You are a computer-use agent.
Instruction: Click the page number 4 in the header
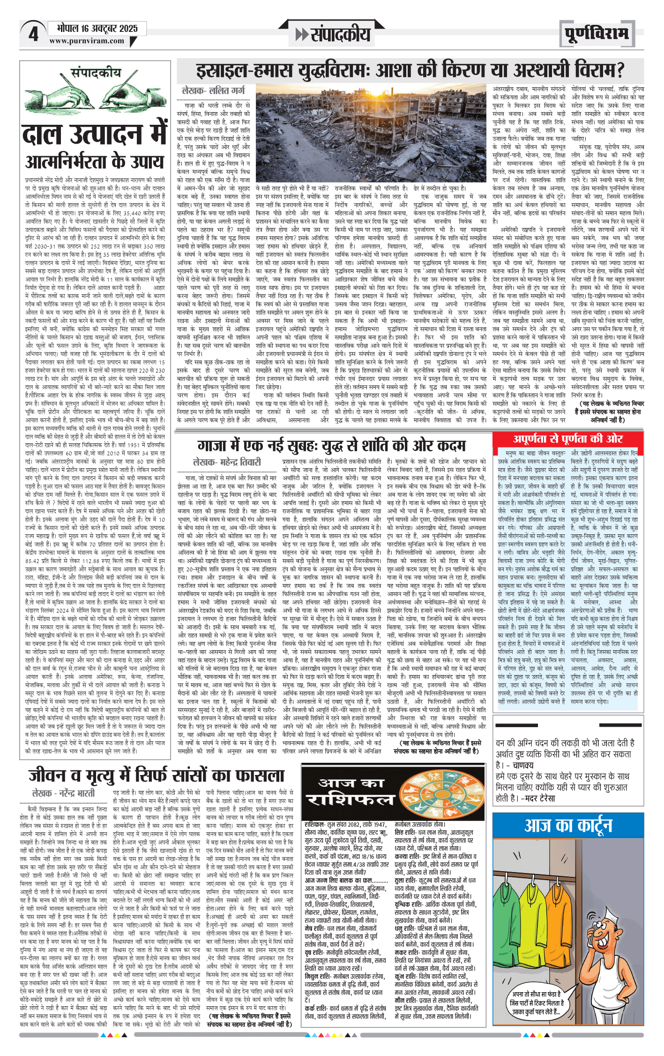[x=33, y=34]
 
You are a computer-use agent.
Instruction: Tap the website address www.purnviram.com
[x=87, y=41]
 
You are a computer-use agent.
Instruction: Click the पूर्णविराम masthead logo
[x=596, y=34]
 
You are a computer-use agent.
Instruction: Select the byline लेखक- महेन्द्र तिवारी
[x=227, y=462]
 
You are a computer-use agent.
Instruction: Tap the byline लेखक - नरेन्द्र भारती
[x=63, y=793]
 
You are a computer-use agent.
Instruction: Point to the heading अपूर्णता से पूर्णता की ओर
[x=567, y=439]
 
